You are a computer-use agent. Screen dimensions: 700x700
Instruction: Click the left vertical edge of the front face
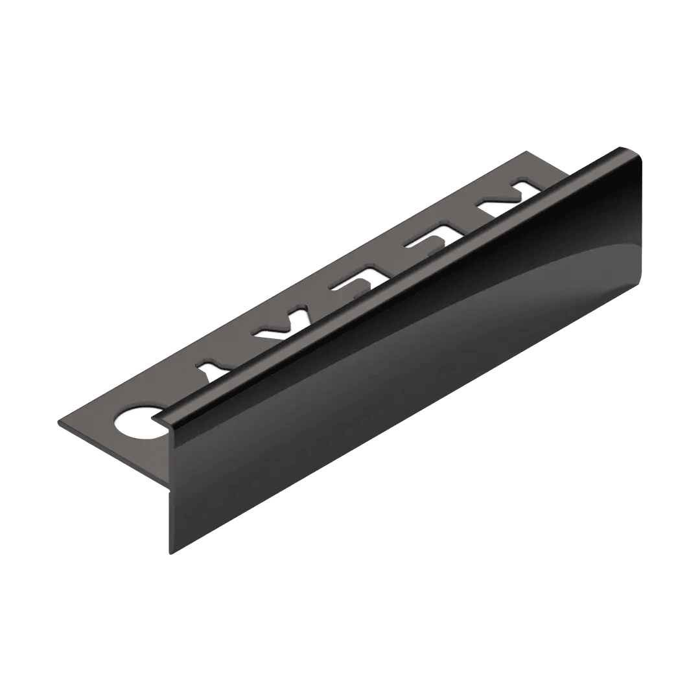click(171, 493)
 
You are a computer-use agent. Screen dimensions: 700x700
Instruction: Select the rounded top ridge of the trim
click(389, 285)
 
